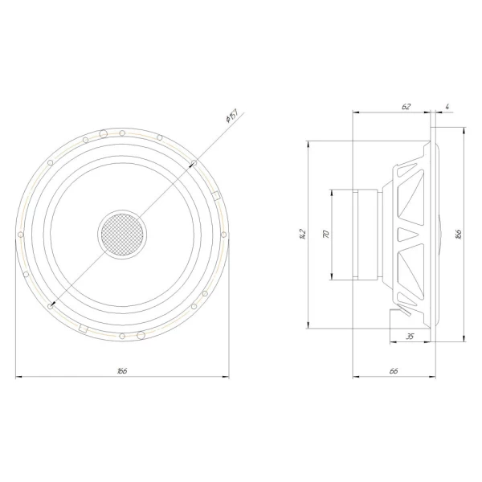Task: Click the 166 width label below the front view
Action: (122, 370)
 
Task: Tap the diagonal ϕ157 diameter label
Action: (232, 115)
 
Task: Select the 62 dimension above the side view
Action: (406, 106)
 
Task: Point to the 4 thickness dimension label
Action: (447, 106)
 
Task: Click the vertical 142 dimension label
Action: (303, 234)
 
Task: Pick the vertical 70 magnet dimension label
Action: (326, 234)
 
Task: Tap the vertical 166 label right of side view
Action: (459, 234)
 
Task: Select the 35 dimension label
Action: (410, 337)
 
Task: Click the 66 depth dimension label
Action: (394, 370)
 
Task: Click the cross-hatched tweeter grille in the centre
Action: (122, 235)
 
